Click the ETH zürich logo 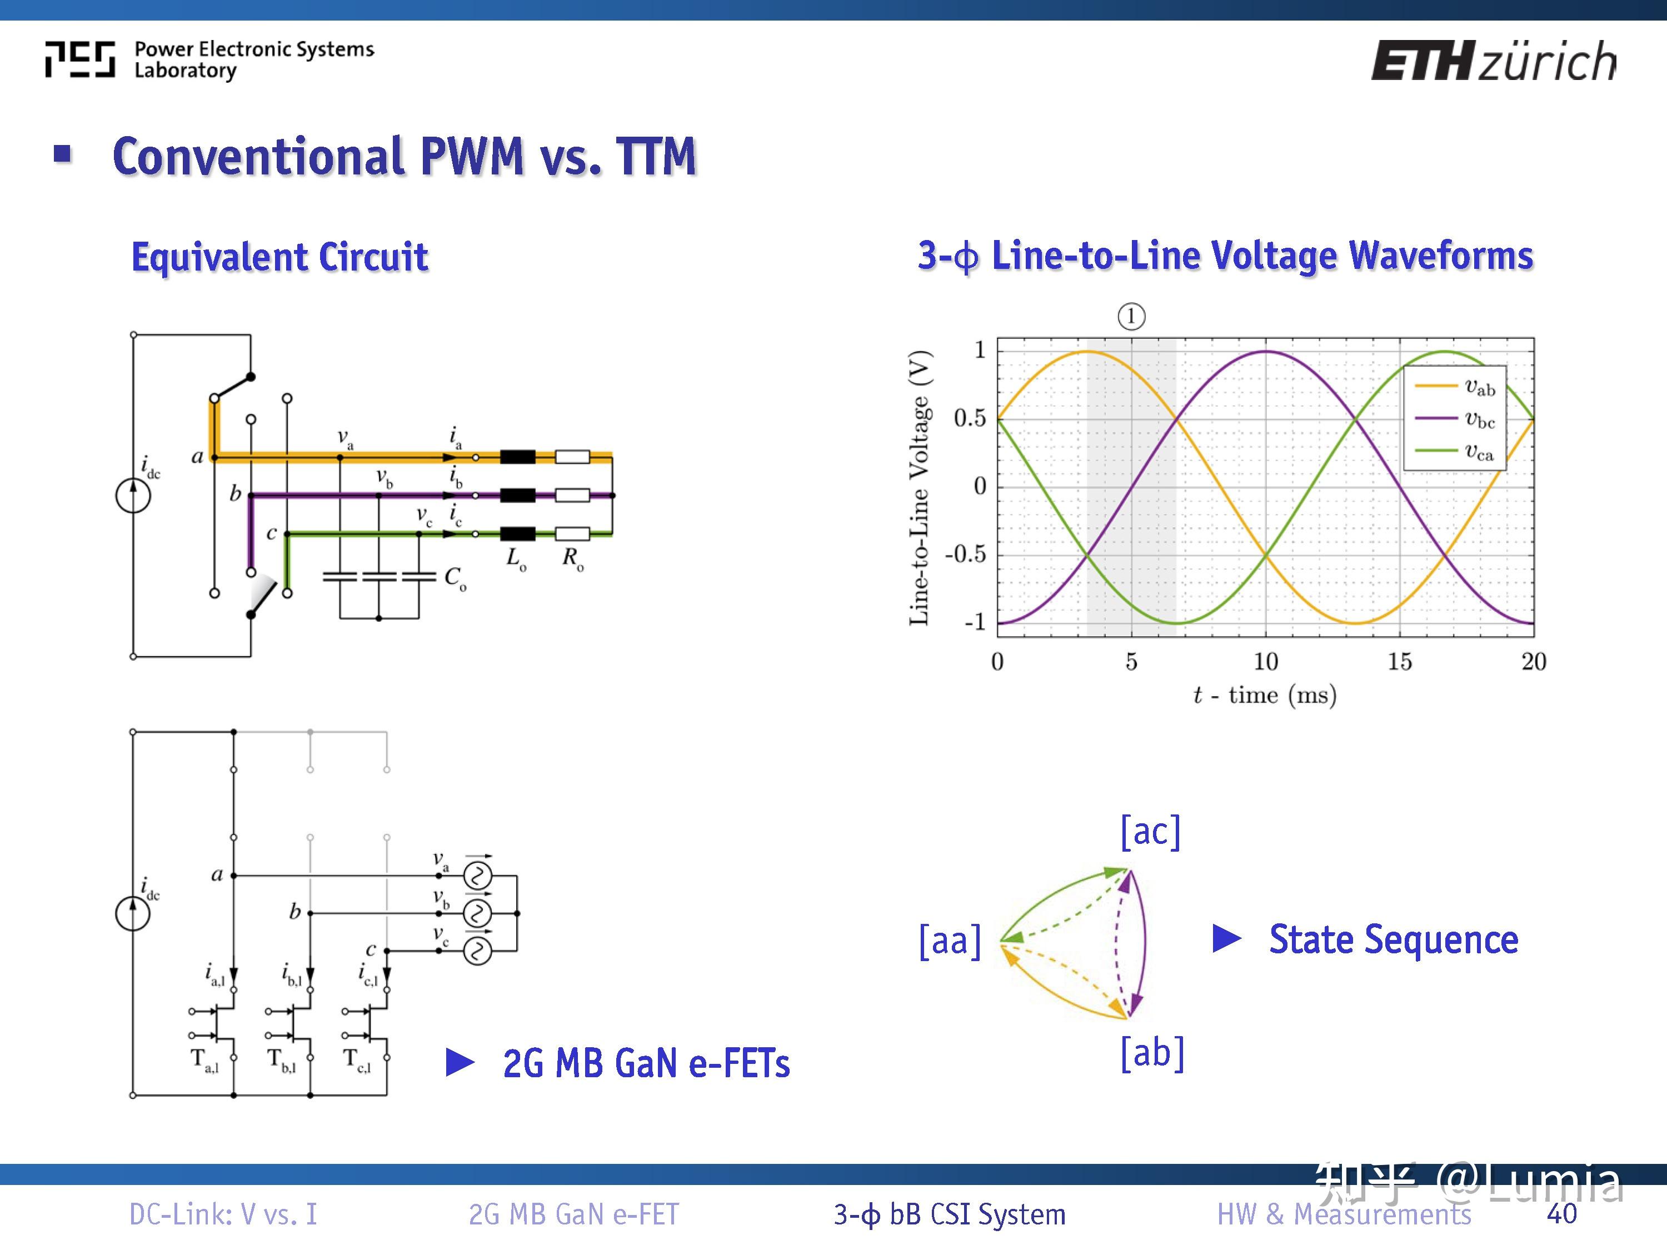pyautogui.click(x=1492, y=60)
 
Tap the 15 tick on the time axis pyautogui.click(x=1400, y=662)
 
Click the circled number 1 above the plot pyautogui.click(x=1130, y=317)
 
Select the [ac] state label pyautogui.click(x=1150, y=831)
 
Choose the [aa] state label pyautogui.click(x=950, y=941)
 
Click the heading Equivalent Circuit pyautogui.click(x=280, y=257)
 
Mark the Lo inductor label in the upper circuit pyautogui.click(x=516, y=559)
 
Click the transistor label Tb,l pyautogui.click(x=282, y=1060)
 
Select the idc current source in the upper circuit pyautogui.click(x=133, y=496)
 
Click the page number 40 pyautogui.click(x=1561, y=1214)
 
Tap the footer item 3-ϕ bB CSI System pyautogui.click(x=950, y=1214)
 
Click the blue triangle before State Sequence pyautogui.click(x=1226, y=939)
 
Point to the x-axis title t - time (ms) pyautogui.click(x=1265, y=694)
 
